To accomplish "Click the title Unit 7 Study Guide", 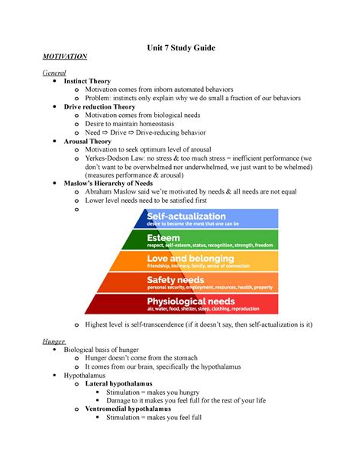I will [181, 48].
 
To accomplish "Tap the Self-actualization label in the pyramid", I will [186, 217].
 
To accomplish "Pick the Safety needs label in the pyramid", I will [176, 280].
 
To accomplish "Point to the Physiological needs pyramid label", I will [190, 301].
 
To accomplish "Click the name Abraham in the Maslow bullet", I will [103, 192].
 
